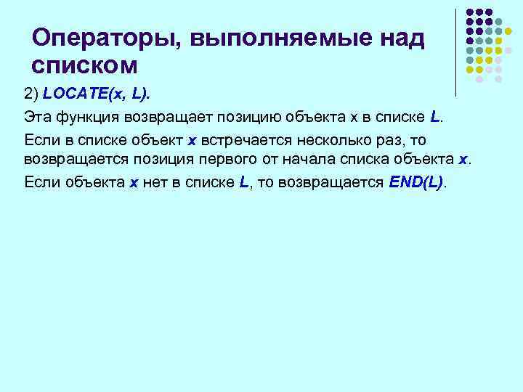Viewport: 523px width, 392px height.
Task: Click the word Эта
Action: coord(37,117)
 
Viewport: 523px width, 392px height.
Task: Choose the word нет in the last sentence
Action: coord(155,181)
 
